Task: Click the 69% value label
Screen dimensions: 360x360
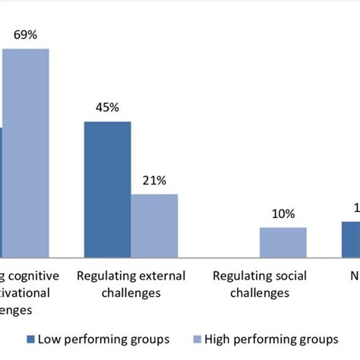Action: pos(25,35)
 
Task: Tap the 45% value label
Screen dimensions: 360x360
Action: pos(107,107)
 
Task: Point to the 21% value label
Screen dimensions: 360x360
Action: pos(154,180)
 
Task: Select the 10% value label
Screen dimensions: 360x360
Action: pos(283,213)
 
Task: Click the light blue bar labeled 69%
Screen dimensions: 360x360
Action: pos(25,152)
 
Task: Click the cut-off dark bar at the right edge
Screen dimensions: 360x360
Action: pos(350,238)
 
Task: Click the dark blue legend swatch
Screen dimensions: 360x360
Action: pos(30,339)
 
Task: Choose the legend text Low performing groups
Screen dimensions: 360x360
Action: pos(103,339)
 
